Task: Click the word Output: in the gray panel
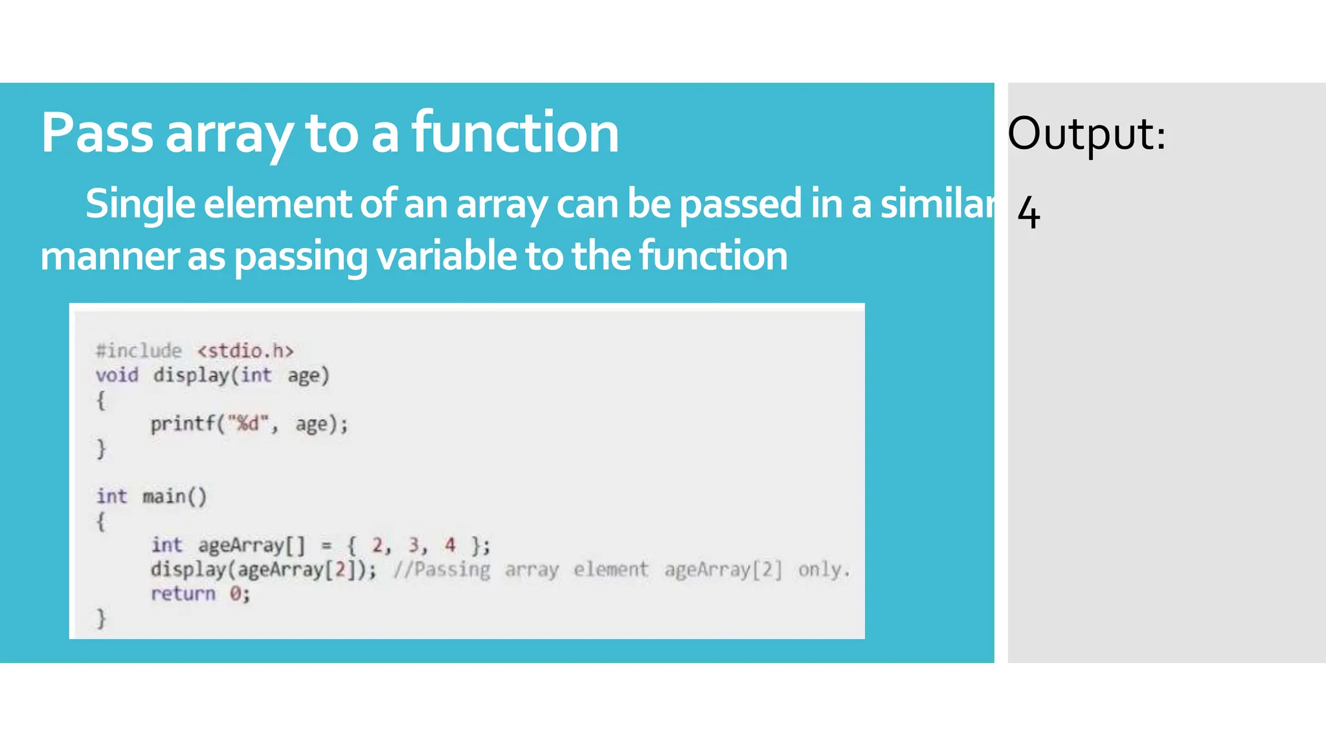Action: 1086,134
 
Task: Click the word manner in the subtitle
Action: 109,256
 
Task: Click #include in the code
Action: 139,351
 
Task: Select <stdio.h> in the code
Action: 245,351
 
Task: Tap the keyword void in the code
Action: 117,376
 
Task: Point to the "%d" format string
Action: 247,424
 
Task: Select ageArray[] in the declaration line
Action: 251,545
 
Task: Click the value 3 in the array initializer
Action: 414,545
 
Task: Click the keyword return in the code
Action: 183,594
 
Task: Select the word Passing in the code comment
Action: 451,570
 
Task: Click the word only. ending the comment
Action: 824,570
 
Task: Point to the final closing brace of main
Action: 101,618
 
